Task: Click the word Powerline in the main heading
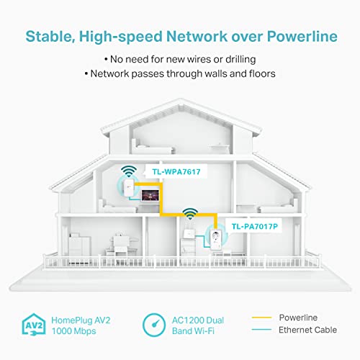302,37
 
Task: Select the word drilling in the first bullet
240,59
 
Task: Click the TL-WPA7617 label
176,172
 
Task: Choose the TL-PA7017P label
255,226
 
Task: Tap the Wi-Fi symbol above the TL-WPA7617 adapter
129,171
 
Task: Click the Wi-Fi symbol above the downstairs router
190,214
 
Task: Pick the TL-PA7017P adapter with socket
215,239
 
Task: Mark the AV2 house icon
34,324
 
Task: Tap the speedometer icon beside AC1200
154,325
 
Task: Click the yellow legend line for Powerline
261,318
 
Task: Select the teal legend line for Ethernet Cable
261,330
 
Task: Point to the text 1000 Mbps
74,331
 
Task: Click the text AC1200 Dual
198,320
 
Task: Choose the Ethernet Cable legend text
307,330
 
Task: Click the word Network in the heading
197,37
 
